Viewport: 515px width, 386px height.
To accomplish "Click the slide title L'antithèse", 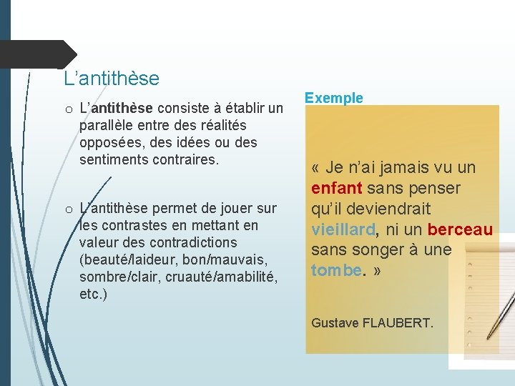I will tap(111, 77).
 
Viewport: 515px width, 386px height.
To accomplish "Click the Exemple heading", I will tap(333, 99).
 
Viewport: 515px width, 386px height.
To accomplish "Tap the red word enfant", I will tap(337, 189).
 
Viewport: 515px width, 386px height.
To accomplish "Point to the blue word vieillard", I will tap(343, 229).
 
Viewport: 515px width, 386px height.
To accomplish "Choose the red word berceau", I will tap(461, 229).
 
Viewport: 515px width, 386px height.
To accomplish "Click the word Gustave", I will tap(335, 323).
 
